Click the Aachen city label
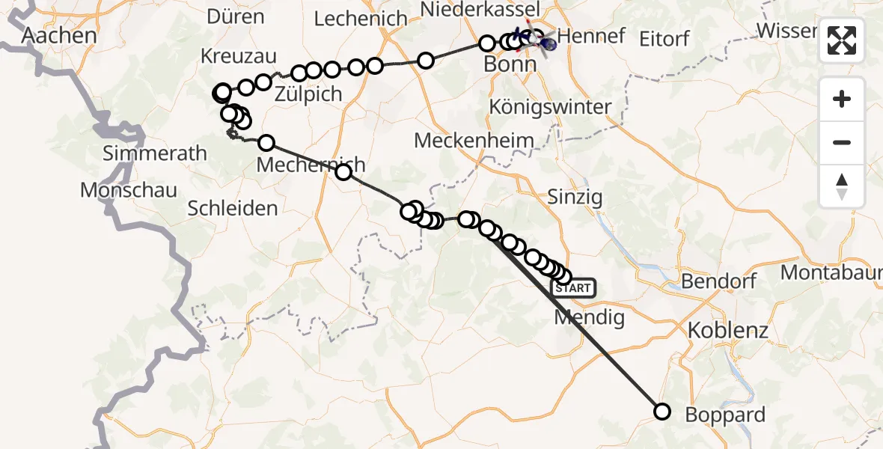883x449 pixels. (x=59, y=35)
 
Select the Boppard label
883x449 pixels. (x=725, y=415)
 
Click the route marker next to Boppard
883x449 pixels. (x=662, y=411)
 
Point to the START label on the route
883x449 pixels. (x=573, y=287)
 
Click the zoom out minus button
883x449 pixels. (x=842, y=142)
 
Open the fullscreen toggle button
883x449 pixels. (x=842, y=40)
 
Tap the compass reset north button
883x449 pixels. (x=842, y=186)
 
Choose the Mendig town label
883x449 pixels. (x=589, y=317)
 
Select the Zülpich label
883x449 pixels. (x=308, y=94)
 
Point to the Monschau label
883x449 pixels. (x=129, y=190)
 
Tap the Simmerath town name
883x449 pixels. (x=155, y=154)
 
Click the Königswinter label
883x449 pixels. (x=550, y=106)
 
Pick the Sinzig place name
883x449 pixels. (x=575, y=198)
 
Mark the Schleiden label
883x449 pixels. (x=233, y=209)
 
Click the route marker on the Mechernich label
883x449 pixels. (x=343, y=173)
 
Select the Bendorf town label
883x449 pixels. (x=719, y=282)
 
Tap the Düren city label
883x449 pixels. (x=235, y=16)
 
